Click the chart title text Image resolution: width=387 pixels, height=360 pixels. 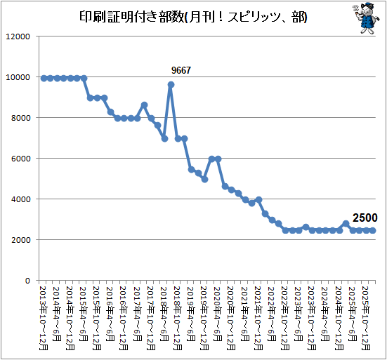[193, 17]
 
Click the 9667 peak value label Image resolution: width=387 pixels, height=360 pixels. [181, 70]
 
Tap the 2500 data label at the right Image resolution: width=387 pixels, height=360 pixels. [365, 218]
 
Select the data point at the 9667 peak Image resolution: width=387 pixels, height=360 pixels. [171, 85]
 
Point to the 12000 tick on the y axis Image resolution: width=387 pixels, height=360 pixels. [18, 36]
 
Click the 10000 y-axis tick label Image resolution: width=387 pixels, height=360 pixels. [18, 77]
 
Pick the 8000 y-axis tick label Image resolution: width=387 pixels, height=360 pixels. [21, 118]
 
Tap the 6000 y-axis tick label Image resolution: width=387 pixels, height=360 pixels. [21, 159]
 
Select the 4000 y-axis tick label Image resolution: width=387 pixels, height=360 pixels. [21, 199]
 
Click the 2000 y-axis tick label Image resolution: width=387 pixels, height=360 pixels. [21, 240]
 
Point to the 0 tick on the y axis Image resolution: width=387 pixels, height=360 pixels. [27, 281]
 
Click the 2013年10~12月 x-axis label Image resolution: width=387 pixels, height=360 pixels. [44, 318]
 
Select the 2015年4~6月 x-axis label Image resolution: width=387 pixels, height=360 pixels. [84, 314]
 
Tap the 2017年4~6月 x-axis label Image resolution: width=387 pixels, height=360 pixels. [138, 314]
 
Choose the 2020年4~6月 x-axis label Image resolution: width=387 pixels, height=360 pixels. [218, 314]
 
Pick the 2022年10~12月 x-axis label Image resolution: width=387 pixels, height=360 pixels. [285, 318]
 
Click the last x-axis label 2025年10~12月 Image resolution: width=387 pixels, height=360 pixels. [366, 318]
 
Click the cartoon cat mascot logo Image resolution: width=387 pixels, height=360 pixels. [366, 18]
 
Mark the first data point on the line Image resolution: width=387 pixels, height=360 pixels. [44, 79]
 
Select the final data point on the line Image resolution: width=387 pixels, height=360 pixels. [373, 231]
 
